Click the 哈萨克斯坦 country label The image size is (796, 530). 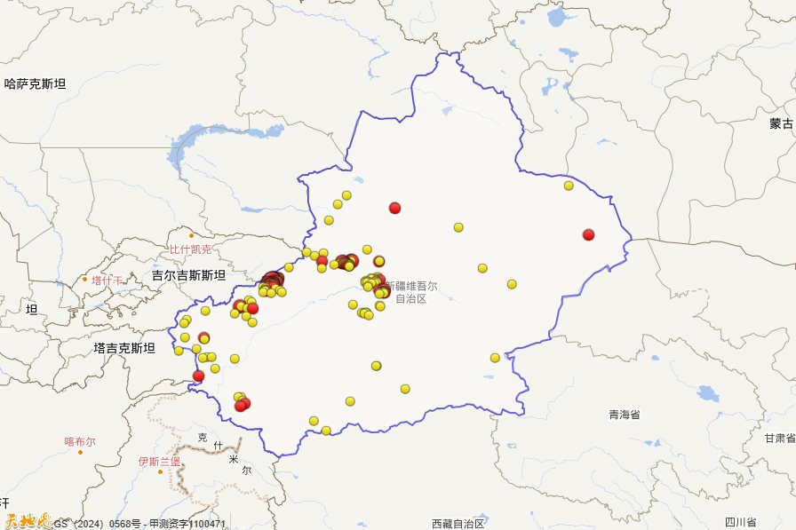tap(36, 84)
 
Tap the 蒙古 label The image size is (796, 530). tap(782, 124)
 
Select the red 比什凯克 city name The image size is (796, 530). tap(191, 249)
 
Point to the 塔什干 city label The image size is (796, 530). tap(107, 281)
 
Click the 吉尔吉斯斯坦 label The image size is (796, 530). tap(188, 275)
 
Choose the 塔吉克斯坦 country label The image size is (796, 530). tap(124, 348)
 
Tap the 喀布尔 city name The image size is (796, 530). tap(80, 441)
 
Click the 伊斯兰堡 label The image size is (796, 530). tap(159, 462)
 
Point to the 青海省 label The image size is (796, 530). tap(625, 415)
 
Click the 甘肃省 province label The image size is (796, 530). tap(780, 438)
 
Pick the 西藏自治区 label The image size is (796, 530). tap(458, 523)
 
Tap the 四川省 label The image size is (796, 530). tap(739, 522)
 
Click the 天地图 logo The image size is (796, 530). tap(27, 522)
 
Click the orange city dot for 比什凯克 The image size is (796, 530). tap(191, 236)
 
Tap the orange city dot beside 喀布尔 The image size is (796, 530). tap(80, 452)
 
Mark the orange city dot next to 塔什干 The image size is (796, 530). tap(85, 280)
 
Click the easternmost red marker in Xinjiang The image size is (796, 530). tap(588, 234)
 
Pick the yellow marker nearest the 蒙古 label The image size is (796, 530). tap(569, 186)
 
